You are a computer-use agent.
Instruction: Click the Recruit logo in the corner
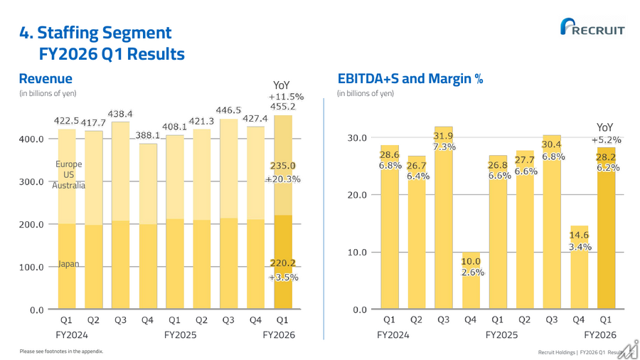click(592, 26)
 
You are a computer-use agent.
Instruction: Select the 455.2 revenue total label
click(283, 107)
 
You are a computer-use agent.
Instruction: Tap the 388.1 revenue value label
click(148, 134)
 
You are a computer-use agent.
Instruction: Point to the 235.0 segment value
click(283, 166)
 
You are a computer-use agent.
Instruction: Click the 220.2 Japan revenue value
click(283, 263)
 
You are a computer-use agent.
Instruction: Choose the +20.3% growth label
click(283, 179)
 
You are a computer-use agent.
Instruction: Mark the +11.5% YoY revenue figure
click(286, 97)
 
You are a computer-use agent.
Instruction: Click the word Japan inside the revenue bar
click(68, 264)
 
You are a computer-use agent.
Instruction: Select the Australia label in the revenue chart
click(68, 185)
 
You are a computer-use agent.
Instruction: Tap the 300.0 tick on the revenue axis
click(31, 181)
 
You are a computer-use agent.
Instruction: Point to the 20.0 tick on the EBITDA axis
click(357, 195)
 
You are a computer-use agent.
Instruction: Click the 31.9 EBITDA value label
click(443, 136)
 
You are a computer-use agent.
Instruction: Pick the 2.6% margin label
click(473, 272)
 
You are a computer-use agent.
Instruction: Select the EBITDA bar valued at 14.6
click(579, 267)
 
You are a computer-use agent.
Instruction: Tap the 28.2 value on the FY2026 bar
click(606, 157)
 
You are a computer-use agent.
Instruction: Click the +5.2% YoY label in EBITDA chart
click(607, 140)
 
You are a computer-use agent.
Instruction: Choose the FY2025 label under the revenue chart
click(181, 335)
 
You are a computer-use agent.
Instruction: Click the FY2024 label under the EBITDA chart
click(393, 335)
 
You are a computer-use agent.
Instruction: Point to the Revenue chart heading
click(46, 78)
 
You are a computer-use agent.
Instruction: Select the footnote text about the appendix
click(61, 351)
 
